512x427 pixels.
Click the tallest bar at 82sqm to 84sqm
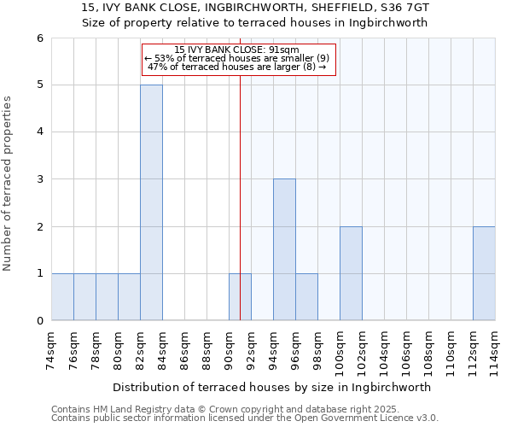point(151,202)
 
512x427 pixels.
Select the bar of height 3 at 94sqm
point(284,249)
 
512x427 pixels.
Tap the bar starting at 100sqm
point(351,273)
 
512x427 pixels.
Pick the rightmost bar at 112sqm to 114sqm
point(484,273)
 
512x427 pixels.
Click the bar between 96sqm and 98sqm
point(306,297)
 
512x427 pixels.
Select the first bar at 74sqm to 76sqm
point(62,297)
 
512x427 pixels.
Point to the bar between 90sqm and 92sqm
point(240,297)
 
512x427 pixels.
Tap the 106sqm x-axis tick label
point(407,351)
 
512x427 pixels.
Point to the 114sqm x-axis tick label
point(496,351)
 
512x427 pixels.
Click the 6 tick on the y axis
point(40,38)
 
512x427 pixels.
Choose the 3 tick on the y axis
point(40,179)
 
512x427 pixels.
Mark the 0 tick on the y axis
point(40,321)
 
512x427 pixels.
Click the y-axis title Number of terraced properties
point(9,184)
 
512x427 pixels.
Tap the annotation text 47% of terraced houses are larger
point(237,67)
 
